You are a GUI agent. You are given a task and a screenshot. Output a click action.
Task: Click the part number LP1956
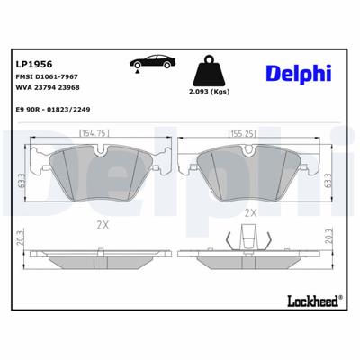pyautogui.click(x=32, y=64)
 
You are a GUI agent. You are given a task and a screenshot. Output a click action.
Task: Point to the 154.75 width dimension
pyautogui.click(x=94, y=133)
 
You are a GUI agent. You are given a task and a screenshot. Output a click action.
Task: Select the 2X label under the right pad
pyautogui.click(x=250, y=213)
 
